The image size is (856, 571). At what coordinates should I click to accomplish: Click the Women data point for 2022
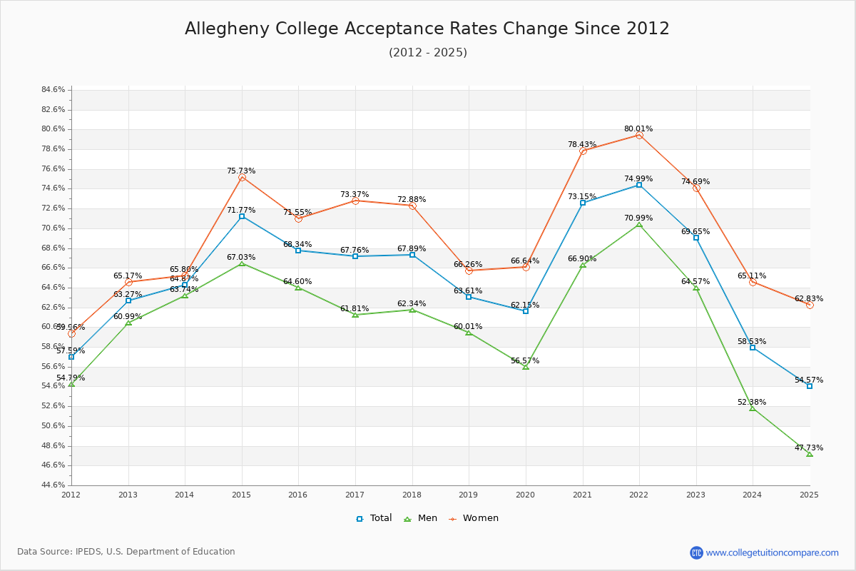[x=639, y=135]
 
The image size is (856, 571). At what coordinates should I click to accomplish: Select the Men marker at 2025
[x=810, y=454]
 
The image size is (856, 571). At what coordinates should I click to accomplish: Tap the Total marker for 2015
[x=242, y=216]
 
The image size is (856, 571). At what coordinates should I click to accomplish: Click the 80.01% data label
[x=638, y=129]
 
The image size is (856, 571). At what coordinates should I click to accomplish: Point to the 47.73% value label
[x=809, y=448]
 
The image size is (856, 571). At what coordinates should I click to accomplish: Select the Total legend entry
[x=374, y=518]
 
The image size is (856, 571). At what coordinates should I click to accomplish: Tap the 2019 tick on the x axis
[x=469, y=494]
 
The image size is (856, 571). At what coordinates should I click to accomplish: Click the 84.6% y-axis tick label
[x=53, y=90]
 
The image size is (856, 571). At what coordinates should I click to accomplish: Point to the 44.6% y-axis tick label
[x=53, y=485]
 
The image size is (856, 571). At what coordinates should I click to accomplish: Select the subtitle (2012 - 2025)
[x=428, y=53]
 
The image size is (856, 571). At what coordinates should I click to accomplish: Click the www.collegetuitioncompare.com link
[x=772, y=552]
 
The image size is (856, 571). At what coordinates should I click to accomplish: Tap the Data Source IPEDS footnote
[x=126, y=552]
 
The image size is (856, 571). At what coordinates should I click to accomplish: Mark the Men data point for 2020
[x=526, y=367]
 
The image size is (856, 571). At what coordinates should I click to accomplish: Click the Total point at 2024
[x=753, y=348]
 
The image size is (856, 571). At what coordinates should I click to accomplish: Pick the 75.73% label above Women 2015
[x=241, y=171]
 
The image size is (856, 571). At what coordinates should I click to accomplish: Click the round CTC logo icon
[x=696, y=552]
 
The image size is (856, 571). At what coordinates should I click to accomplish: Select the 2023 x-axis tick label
[x=695, y=494]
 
